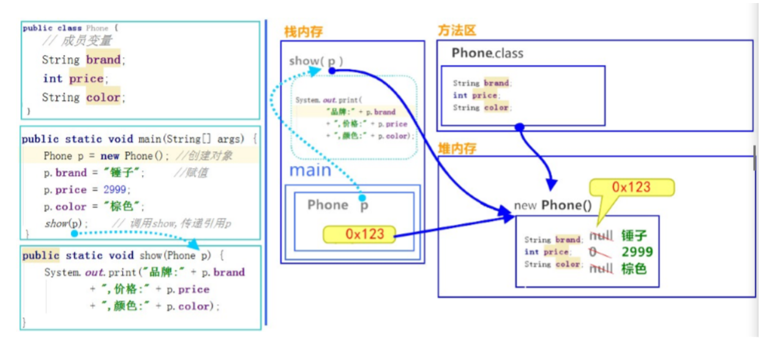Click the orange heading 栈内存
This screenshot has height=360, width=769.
[x=303, y=32]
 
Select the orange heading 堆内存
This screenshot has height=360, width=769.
[x=457, y=148]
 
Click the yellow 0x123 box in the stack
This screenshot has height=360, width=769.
[x=359, y=234]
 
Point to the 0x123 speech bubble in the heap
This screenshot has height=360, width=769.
[x=631, y=187]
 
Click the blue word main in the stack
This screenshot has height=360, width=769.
[x=310, y=170]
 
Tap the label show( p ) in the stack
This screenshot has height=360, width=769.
[x=316, y=61]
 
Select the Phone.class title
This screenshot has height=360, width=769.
[x=487, y=53]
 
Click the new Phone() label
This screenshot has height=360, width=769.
[x=553, y=205]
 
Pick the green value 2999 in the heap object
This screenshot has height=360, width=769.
[x=637, y=252]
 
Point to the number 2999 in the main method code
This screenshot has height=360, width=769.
[x=116, y=190]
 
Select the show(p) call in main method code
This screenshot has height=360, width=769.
[x=66, y=223]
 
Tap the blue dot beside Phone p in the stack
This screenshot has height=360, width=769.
[x=362, y=198]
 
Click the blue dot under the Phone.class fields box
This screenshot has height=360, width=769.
[x=519, y=127]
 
